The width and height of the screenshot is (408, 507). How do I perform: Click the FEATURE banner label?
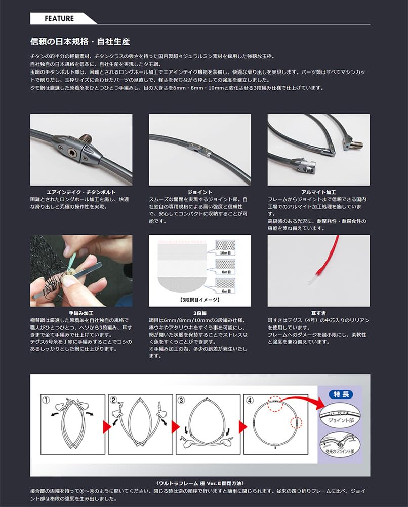59,19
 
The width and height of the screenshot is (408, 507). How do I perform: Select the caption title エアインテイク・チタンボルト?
81,192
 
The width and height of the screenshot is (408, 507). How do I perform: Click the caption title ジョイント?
199,192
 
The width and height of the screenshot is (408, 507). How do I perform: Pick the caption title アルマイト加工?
318,192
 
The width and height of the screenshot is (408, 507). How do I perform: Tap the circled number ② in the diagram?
113,400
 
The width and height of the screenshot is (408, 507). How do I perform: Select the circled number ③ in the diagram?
181,400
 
